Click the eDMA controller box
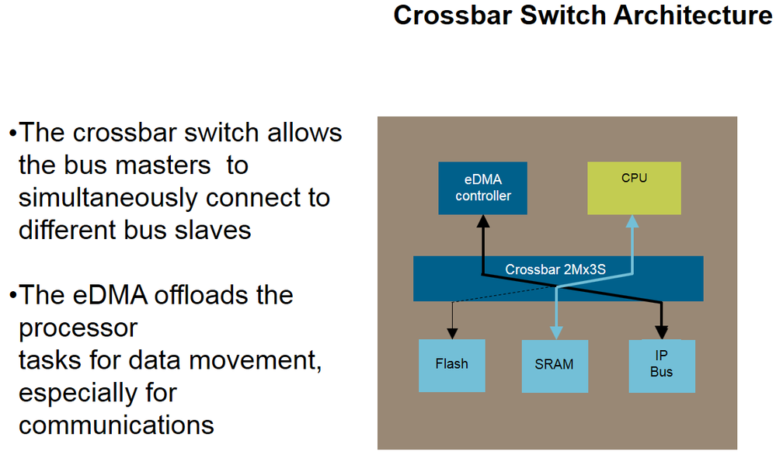pos(482,188)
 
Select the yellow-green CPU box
pos(634,188)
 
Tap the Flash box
pos(452,366)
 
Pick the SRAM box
pos(555,366)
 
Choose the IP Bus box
pos(662,366)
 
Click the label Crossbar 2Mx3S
pos(555,269)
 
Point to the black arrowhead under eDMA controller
pos(483,221)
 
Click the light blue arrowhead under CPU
pos(632,221)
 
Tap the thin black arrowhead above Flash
pos(452,334)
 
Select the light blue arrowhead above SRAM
pos(557,333)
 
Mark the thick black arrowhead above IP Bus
pos(662,333)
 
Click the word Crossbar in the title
pos(453,15)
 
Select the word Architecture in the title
pos(693,15)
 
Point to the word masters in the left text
pos(169,165)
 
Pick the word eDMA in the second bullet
pos(110,295)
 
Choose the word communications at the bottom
pos(117,425)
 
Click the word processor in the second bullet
pos(78,329)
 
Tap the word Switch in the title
pos(562,15)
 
